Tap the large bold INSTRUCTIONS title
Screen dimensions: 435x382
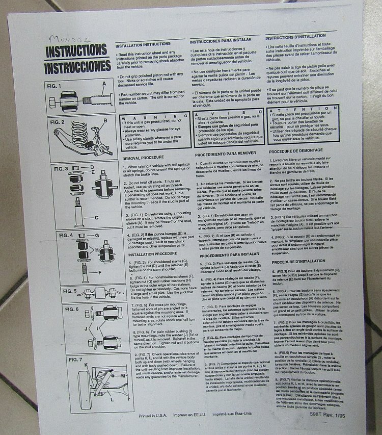pyautogui.click(x=76, y=52)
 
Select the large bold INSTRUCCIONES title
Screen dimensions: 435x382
pyautogui.click(x=76, y=66)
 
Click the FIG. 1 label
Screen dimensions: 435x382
pyautogui.click(x=54, y=85)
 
